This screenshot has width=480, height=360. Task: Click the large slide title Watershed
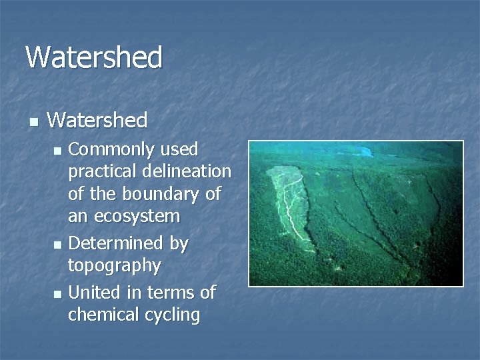tap(94, 57)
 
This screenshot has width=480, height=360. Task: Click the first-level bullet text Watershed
tap(97, 120)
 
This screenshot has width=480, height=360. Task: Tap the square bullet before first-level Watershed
tap(33, 121)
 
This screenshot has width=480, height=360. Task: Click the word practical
tap(99, 171)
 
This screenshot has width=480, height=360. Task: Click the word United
tap(92, 292)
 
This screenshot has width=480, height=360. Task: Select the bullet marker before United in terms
tap(58, 293)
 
